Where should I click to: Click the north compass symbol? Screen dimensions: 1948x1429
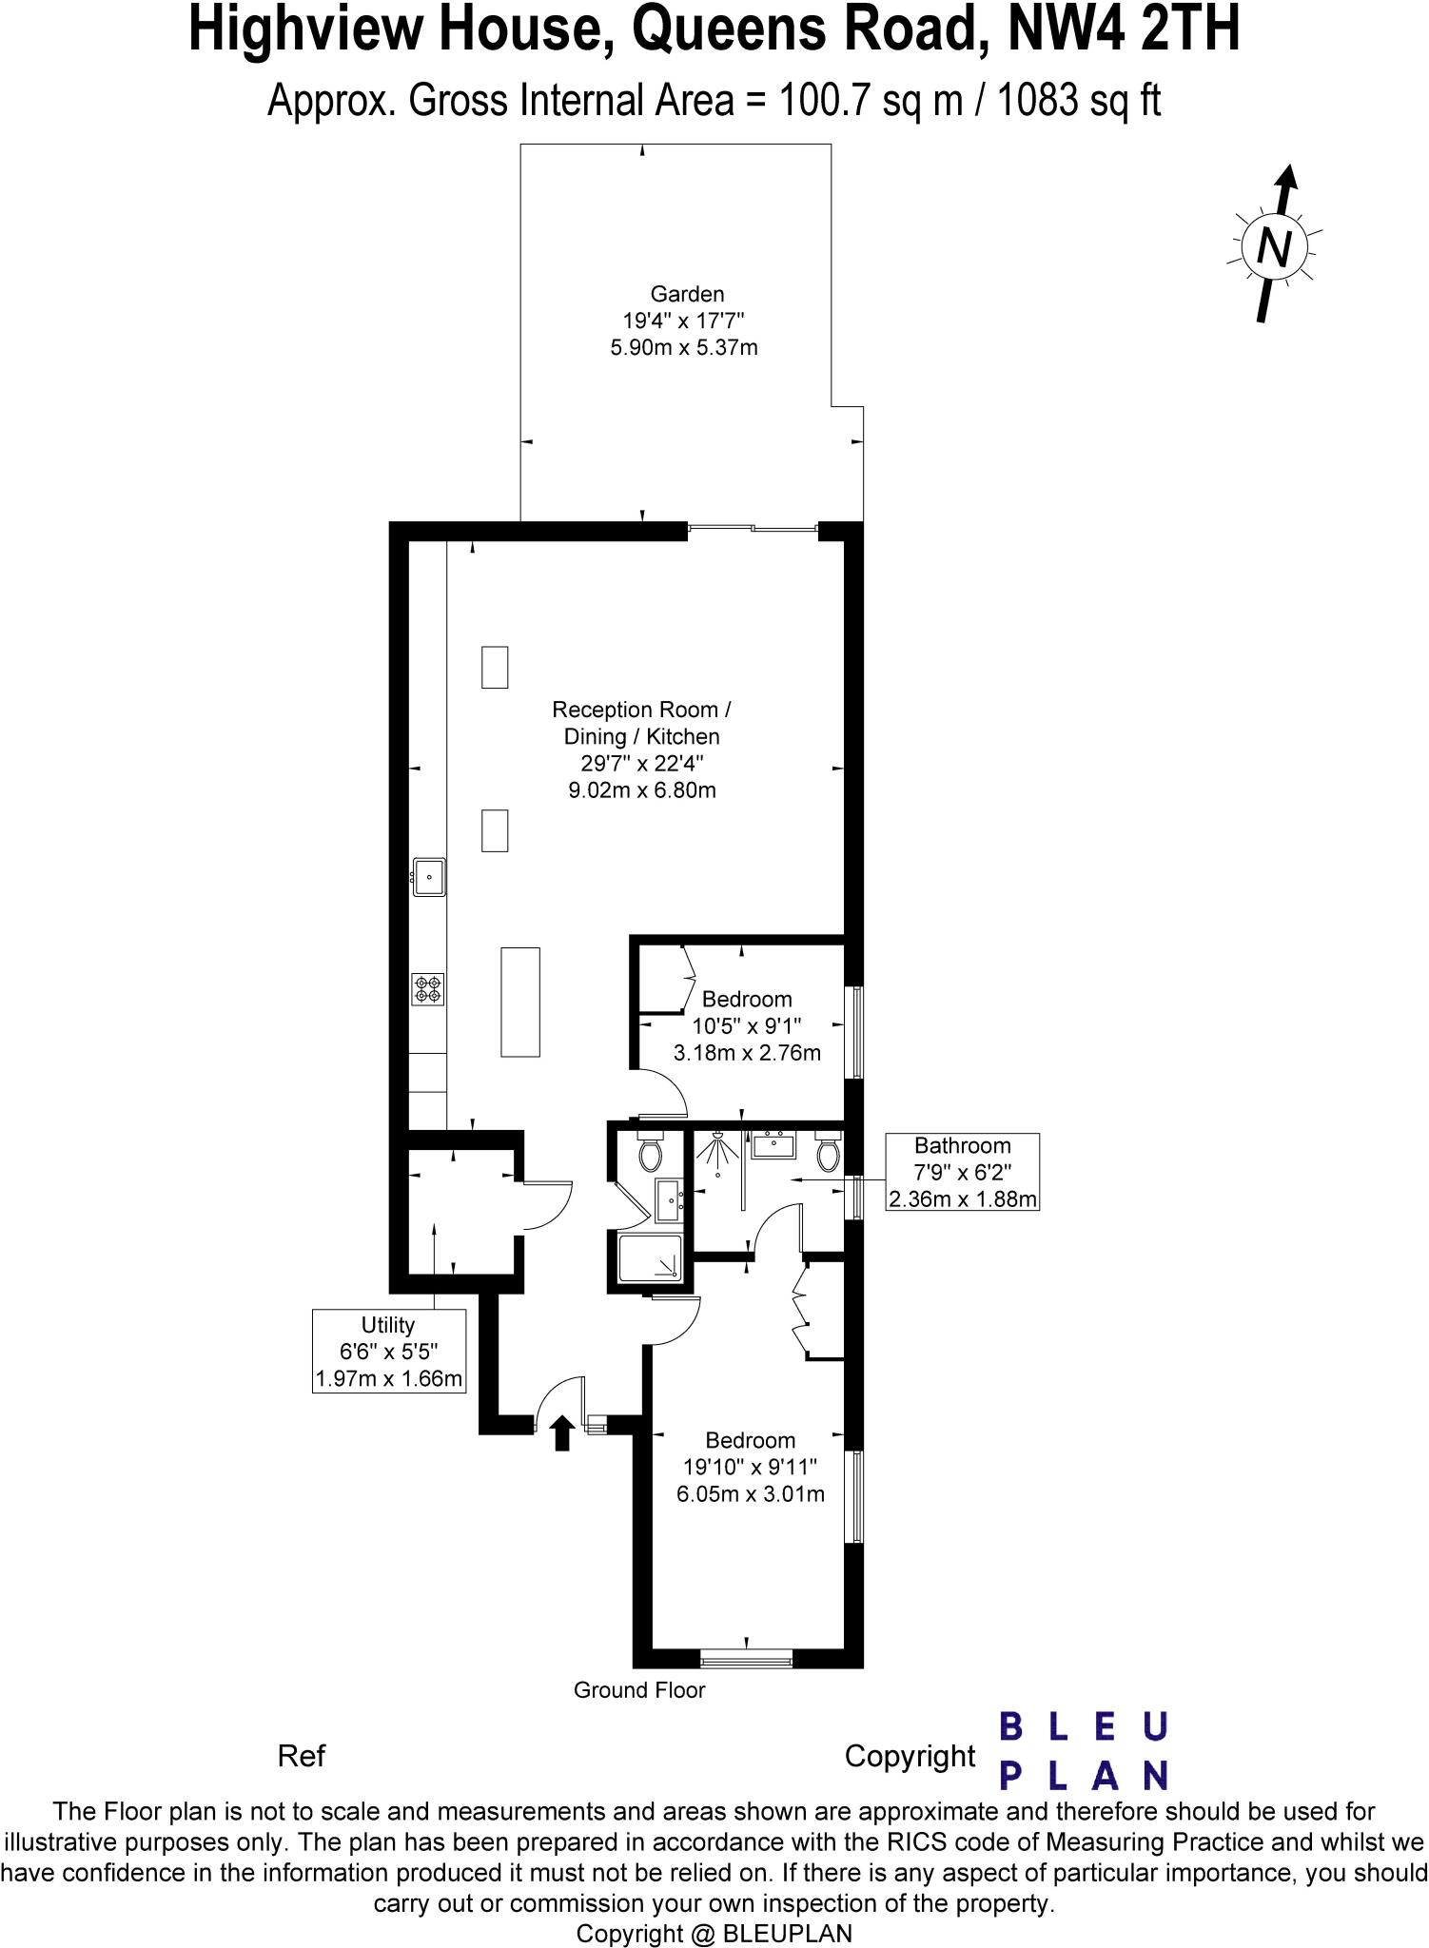click(1275, 246)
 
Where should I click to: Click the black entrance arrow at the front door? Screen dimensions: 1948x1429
click(561, 1432)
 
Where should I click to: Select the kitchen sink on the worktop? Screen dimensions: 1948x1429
click(429, 876)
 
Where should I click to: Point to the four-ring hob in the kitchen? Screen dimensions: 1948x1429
click(428, 989)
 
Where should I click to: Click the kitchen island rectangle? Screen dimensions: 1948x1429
click(520, 1002)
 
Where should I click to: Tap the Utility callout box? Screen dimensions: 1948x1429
click(389, 1351)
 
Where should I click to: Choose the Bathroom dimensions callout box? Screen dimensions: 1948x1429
click(962, 1172)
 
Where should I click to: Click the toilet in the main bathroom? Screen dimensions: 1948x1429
click(828, 1153)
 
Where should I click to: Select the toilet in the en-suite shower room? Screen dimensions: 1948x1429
click(651, 1153)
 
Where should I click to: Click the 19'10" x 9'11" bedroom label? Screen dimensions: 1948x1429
click(750, 1467)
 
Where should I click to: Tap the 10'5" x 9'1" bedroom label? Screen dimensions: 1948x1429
click(747, 1025)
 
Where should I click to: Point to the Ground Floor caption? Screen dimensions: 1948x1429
click(639, 1690)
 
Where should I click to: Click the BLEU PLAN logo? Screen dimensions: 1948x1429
click(1083, 1751)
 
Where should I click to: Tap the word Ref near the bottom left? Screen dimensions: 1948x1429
click(302, 1756)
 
